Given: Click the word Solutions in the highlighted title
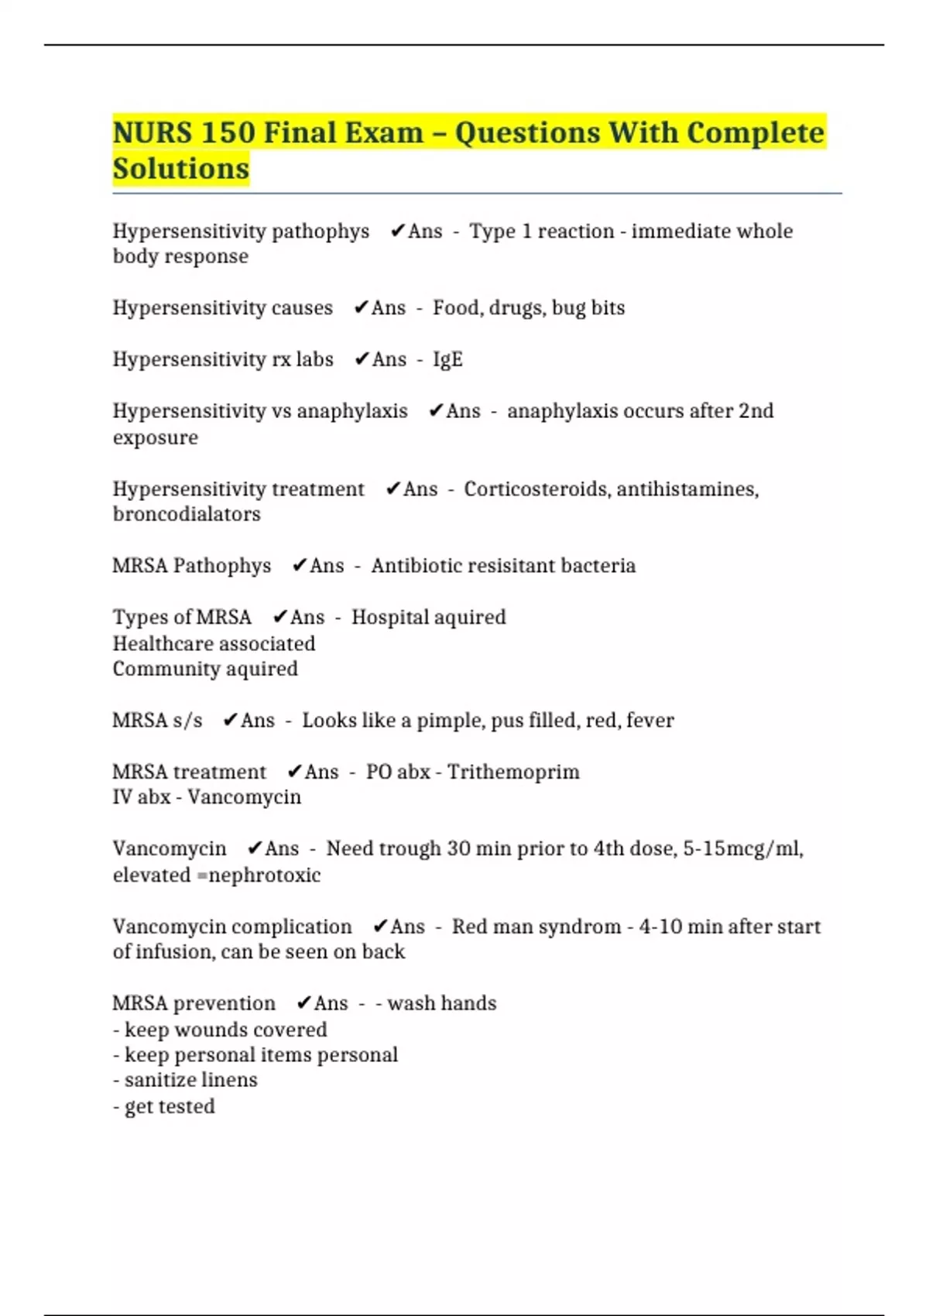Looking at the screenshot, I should pyautogui.click(x=181, y=169).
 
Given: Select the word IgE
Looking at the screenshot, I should pyautogui.click(x=447, y=360).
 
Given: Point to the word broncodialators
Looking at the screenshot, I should pyautogui.click(x=187, y=515).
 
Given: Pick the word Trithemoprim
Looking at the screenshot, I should pyautogui.click(x=513, y=773).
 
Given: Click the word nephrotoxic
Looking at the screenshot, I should pyautogui.click(x=265, y=876).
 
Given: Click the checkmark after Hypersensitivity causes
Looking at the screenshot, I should pyautogui.click(x=360, y=308).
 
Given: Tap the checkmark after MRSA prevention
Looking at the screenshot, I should pyautogui.click(x=303, y=1003).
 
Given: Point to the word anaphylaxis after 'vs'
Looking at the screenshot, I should pyautogui.click(x=352, y=411).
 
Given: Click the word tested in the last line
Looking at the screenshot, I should pyautogui.click(x=189, y=1107).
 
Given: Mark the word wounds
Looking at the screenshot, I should pyautogui.click(x=211, y=1030).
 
